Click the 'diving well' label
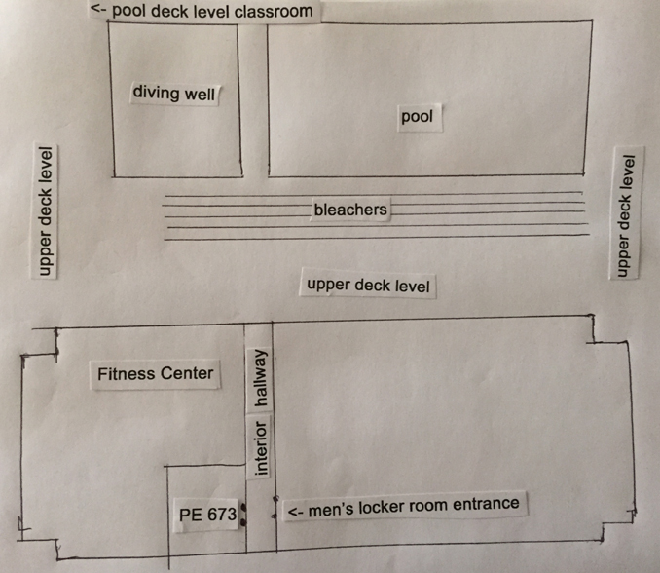tap(173, 94)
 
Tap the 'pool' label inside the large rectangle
tap(417, 117)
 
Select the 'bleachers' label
tap(350, 210)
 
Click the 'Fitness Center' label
tap(155, 373)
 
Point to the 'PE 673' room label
tap(208, 516)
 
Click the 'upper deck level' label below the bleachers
tap(367, 286)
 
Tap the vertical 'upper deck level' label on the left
tap(45, 211)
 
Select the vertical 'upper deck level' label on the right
tap(627, 213)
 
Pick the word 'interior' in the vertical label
tap(260, 448)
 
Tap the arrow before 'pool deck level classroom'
tap(98, 12)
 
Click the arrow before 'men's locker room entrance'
tap(294, 512)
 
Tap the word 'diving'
tap(154, 94)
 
